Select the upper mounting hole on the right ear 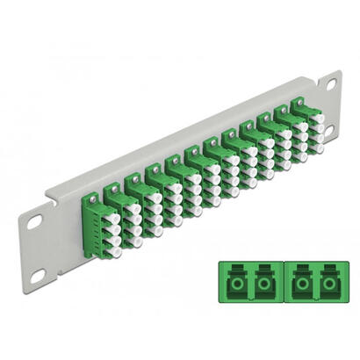tap(332, 84)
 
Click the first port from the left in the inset tap(239, 287)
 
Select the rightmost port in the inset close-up tap(328, 287)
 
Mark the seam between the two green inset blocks tap(284, 287)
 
